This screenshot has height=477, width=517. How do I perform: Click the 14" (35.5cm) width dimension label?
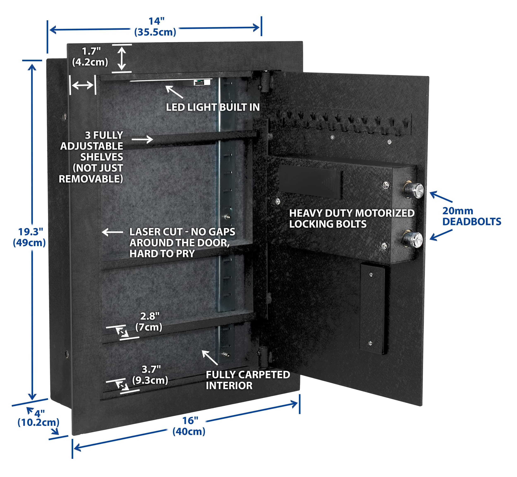coord(155,27)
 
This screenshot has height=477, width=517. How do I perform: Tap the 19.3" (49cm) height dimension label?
coord(29,237)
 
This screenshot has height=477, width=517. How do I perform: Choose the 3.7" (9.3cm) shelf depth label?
coord(150,375)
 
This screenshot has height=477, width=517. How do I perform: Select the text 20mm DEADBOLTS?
coord(471,217)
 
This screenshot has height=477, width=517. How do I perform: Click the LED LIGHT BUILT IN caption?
coord(213,107)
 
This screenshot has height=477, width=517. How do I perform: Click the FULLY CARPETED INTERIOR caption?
coord(248,380)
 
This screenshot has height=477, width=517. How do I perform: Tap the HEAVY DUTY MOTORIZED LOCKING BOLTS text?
coord(352,219)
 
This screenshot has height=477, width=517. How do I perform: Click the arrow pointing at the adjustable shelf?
coord(142,139)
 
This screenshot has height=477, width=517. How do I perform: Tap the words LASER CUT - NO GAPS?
coord(182,232)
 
